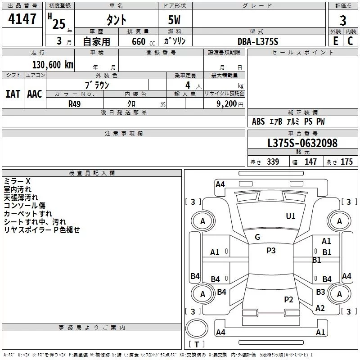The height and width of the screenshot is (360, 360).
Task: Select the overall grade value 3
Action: point(343,20)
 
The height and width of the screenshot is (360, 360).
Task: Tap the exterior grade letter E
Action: point(335,40)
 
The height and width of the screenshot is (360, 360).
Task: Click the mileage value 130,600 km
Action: point(53,65)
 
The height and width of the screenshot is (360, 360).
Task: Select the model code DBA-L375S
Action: point(258,41)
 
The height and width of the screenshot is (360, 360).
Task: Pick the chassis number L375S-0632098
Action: point(302,143)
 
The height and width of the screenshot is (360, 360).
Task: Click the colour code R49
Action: point(75,103)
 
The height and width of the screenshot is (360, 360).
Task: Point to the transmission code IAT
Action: point(13,94)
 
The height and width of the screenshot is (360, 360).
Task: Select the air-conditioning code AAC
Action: point(35,94)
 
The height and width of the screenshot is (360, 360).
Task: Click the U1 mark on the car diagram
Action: point(291,216)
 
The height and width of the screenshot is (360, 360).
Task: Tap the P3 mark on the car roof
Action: point(271,251)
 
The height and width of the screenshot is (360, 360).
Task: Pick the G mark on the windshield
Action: point(257,237)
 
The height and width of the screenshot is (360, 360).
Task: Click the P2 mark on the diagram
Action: point(288,300)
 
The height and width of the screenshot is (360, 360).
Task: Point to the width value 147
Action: point(310,162)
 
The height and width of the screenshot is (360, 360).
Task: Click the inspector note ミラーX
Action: point(17,181)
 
